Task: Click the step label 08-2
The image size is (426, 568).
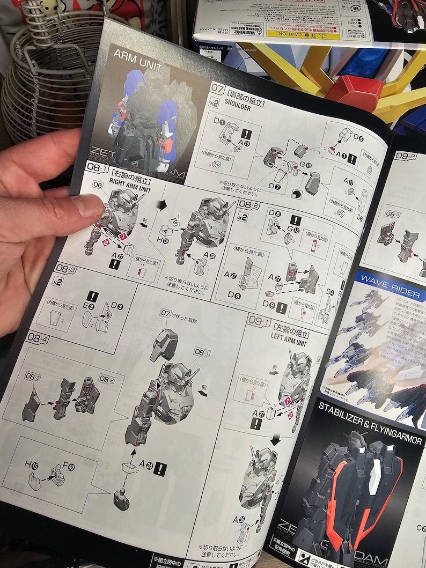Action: click(249, 204)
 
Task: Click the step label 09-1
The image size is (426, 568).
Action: click(259, 322)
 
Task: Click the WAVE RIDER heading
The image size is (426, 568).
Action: click(390, 279)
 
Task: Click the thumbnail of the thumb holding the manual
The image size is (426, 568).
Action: click(89, 204)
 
